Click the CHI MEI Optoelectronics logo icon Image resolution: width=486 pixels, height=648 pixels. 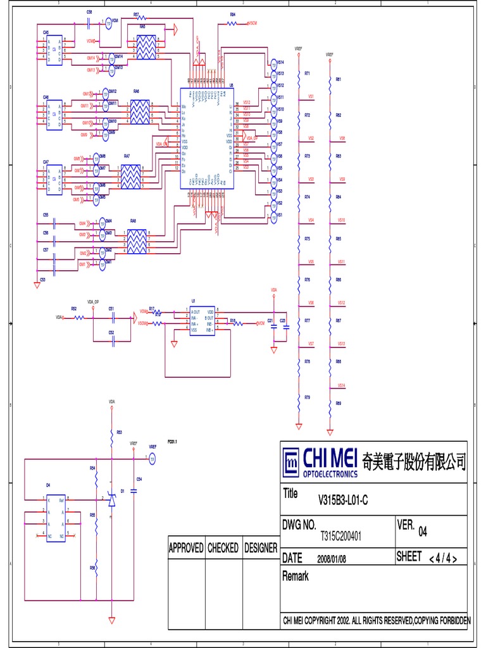292,463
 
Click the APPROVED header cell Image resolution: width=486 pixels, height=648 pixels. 186,548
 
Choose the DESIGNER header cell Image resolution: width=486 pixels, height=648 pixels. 261,548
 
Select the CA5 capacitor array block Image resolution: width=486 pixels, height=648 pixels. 54,48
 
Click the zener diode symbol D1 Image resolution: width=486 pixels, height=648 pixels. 111,501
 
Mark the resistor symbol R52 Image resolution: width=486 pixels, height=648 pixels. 78,317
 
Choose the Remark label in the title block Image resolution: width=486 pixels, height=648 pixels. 295,576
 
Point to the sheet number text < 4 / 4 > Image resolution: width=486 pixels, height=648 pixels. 443,558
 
